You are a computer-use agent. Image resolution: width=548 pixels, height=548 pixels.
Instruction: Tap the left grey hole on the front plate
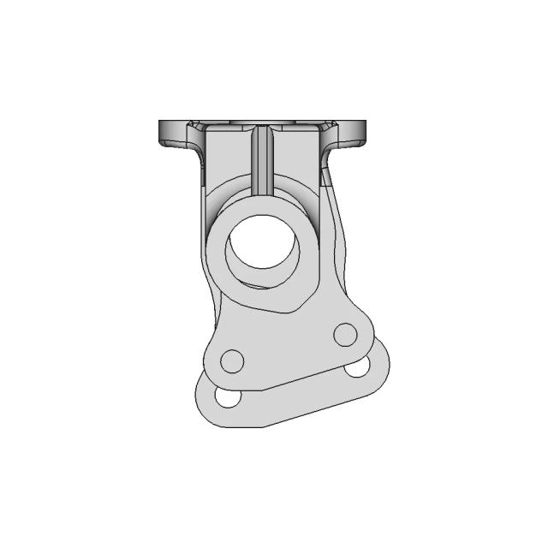point(232,361)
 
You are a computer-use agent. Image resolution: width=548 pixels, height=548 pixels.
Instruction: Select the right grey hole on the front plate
point(345,334)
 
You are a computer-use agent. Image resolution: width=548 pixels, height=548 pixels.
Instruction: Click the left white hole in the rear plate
point(228,397)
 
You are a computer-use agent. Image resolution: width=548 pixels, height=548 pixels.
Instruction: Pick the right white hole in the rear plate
point(358,368)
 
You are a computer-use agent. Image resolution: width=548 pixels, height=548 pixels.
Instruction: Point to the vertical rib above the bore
point(264,158)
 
